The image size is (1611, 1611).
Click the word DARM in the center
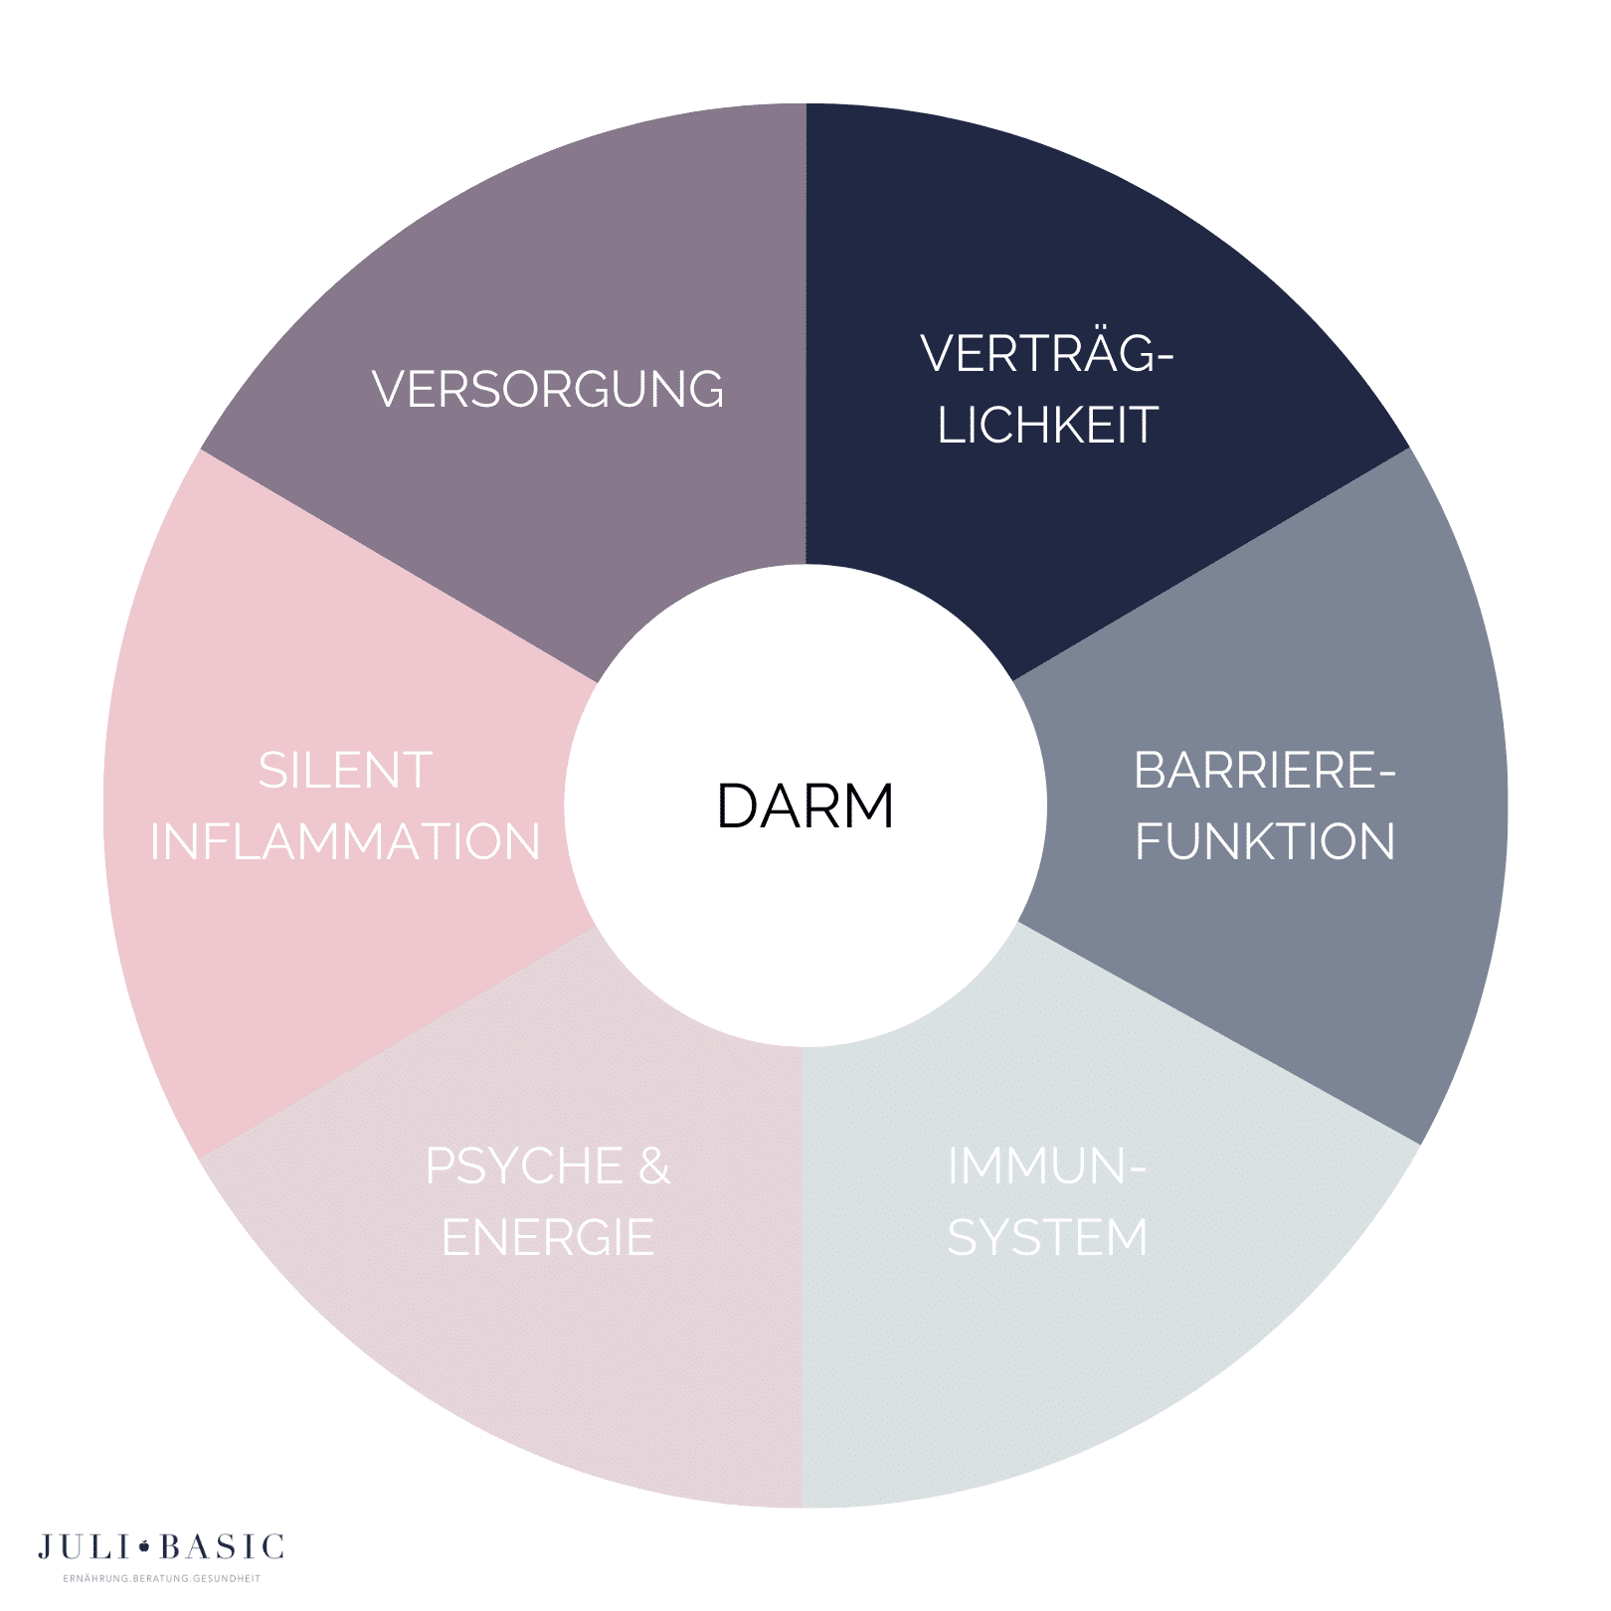[x=805, y=805]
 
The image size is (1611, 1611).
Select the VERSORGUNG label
[x=548, y=389]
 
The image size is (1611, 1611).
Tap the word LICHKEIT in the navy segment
[x=1047, y=425]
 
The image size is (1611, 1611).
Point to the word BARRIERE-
[x=1265, y=771]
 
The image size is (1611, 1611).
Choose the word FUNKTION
[x=1265, y=841]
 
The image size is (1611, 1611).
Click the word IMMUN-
[x=1047, y=1166]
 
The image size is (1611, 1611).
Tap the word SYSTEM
[x=1047, y=1238]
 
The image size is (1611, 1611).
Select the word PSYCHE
[x=524, y=1166]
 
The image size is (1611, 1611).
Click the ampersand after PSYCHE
[x=654, y=1166]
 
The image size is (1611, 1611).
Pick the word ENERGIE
[x=548, y=1238]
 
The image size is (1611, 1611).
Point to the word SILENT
[x=345, y=771]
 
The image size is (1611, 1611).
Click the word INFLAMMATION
[x=345, y=841]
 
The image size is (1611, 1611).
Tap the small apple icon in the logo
[x=144, y=1546]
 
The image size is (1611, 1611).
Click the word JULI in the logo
[x=84, y=1547]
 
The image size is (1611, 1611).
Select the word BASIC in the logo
[x=222, y=1547]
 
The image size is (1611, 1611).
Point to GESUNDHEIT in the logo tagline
[x=227, y=1578]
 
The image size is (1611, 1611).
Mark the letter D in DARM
[x=737, y=805]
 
